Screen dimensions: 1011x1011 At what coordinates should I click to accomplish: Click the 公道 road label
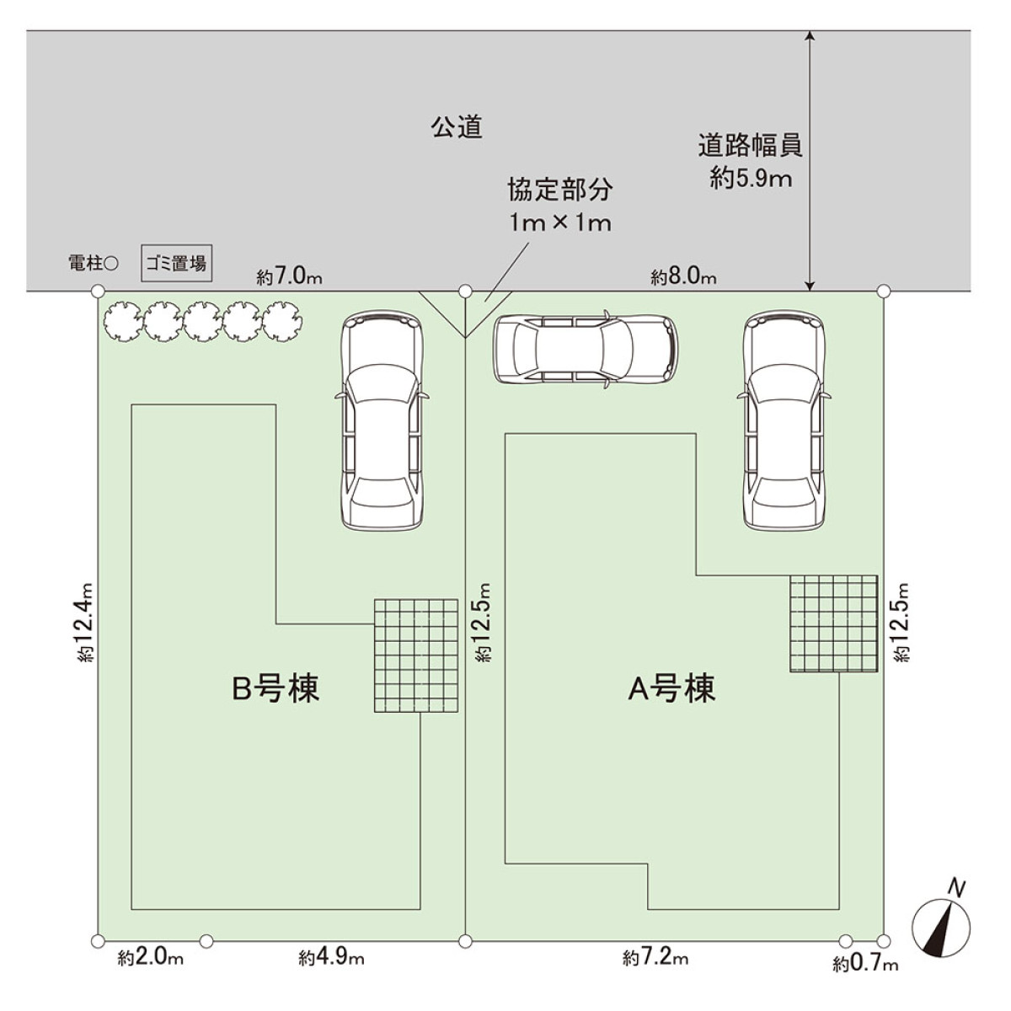[457, 127]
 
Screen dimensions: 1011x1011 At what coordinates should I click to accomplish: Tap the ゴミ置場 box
[175, 264]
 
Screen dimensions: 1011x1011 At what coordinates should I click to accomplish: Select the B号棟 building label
[275, 689]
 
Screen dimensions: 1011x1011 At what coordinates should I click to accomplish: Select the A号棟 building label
[671, 689]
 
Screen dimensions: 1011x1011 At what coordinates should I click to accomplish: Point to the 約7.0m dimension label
[291, 276]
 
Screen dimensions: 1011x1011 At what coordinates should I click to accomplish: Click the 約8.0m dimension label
[683, 276]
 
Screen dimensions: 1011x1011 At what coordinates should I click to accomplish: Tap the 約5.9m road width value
[750, 179]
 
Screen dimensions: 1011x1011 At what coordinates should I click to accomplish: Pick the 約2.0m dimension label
[151, 958]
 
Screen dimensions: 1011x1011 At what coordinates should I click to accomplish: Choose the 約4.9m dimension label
[331, 958]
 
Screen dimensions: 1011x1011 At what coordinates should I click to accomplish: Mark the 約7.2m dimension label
[655, 958]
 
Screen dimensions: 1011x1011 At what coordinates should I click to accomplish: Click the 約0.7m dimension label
[865, 963]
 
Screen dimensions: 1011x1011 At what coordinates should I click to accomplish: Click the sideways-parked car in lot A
[585, 350]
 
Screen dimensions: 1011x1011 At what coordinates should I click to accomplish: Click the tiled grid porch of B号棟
[416, 655]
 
